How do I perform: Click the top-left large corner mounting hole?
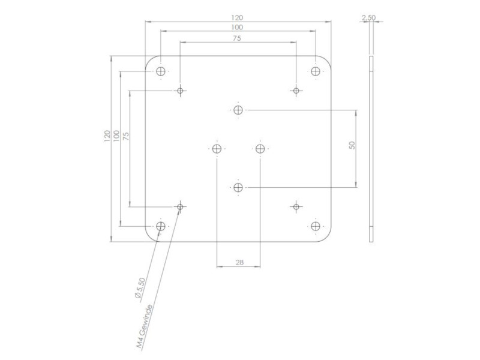tap(160, 72)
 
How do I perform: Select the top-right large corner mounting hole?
tap(316, 71)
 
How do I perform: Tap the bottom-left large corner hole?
tap(160, 226)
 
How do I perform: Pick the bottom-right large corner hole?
tap(316, 226)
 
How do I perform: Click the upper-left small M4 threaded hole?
tap(180, 91)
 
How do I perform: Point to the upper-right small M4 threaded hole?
tap(295, 91)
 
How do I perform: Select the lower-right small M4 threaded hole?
tap(295, 207)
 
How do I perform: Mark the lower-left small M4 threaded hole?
tap(180, 206)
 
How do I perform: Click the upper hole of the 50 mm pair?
tap(238, 110)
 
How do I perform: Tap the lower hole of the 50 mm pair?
tap(238, 188)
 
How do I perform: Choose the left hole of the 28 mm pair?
tap(217, 148)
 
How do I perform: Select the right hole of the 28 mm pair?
tap(260, 148)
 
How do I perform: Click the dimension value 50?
tap(352, 145)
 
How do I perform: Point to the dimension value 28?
tap(239, 262)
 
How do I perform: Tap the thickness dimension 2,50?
tap(368, 18)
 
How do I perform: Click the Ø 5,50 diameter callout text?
tap(139, 289)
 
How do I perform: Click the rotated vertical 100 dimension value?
tap(116, 136)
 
